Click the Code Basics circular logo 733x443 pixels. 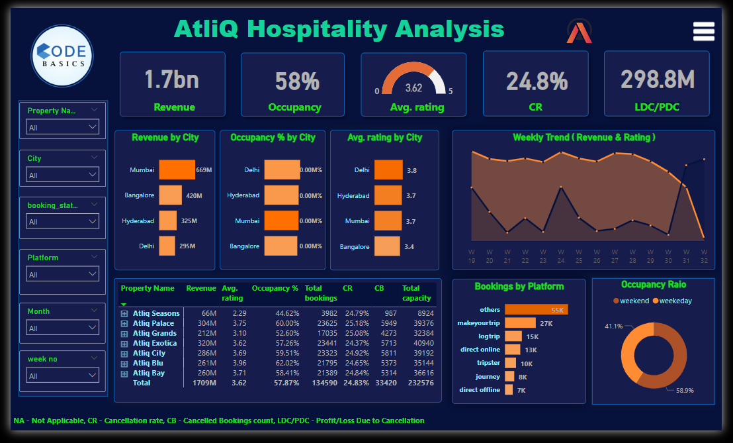click(x=62, y=56)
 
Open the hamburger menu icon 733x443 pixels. click(x=703, y=31)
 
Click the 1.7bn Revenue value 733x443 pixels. click(x=171, y=80)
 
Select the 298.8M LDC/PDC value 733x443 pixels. click(x=657, y=79)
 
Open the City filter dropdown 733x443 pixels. click(x=62, y=175)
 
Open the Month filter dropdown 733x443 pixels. click(x=62, y=328)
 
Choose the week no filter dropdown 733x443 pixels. click(x=62, y=375)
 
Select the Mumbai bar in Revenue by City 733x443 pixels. click(x=177, y=170)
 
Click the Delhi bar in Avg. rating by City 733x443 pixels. click(x=388, y=170)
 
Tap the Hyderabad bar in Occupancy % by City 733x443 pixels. click(x=281, y=195)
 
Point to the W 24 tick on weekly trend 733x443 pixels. click(x=561, y=256)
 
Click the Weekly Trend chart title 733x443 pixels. click(x=583, y=138)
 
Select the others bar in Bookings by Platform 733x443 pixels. click(x=536, y=309)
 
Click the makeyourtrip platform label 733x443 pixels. click(x=479, y=322)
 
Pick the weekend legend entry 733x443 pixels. click(x=631, y=301)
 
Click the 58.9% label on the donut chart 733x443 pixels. click(x=685, y=390)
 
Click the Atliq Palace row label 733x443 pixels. click(x=154, y=323)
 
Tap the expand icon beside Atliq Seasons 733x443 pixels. click(x=124, y=313)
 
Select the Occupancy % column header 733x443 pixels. click(x=275, y=288)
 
